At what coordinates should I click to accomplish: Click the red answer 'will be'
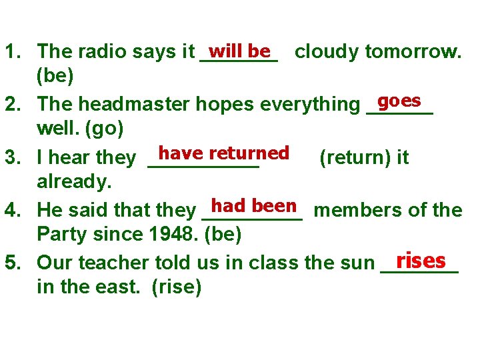[239, 51]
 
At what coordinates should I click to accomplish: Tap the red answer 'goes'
[399, 101]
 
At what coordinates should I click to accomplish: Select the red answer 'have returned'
[223, 153]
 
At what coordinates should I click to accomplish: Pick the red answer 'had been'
[253, 207]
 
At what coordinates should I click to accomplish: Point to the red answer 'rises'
[420, 259]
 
